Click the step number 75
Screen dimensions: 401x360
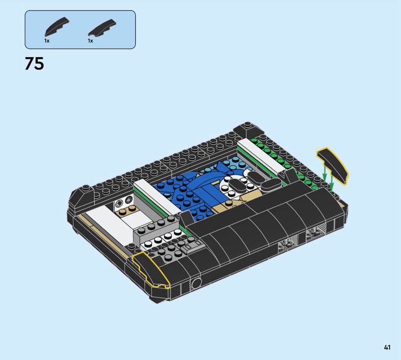(34, 64)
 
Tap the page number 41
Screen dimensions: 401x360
(387, 347)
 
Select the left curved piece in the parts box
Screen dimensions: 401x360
(57, 27)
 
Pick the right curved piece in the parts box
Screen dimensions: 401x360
(102, 27)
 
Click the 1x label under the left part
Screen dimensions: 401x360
(47, 41)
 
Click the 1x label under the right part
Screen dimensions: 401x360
(91, 41)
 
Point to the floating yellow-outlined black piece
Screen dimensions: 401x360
(332, 165)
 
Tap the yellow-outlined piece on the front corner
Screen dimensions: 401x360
(150, 269)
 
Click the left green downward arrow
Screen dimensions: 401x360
(324, 173)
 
